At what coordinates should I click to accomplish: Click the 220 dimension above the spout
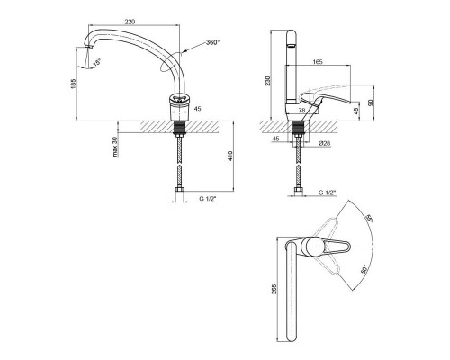point(130,22)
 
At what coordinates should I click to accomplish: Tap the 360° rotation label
point(213,42)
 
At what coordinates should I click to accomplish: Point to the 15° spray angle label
point(97,63)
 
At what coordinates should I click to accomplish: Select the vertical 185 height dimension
point(74,84)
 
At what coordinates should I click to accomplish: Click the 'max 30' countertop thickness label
point(115,147)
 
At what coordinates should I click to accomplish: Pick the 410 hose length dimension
point(230,156)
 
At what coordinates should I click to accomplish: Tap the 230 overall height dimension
point(268,81)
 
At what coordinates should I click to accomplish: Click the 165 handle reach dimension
point(318,62)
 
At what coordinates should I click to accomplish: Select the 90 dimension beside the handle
point(371,103)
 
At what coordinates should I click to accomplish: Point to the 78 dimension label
point(302,111)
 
